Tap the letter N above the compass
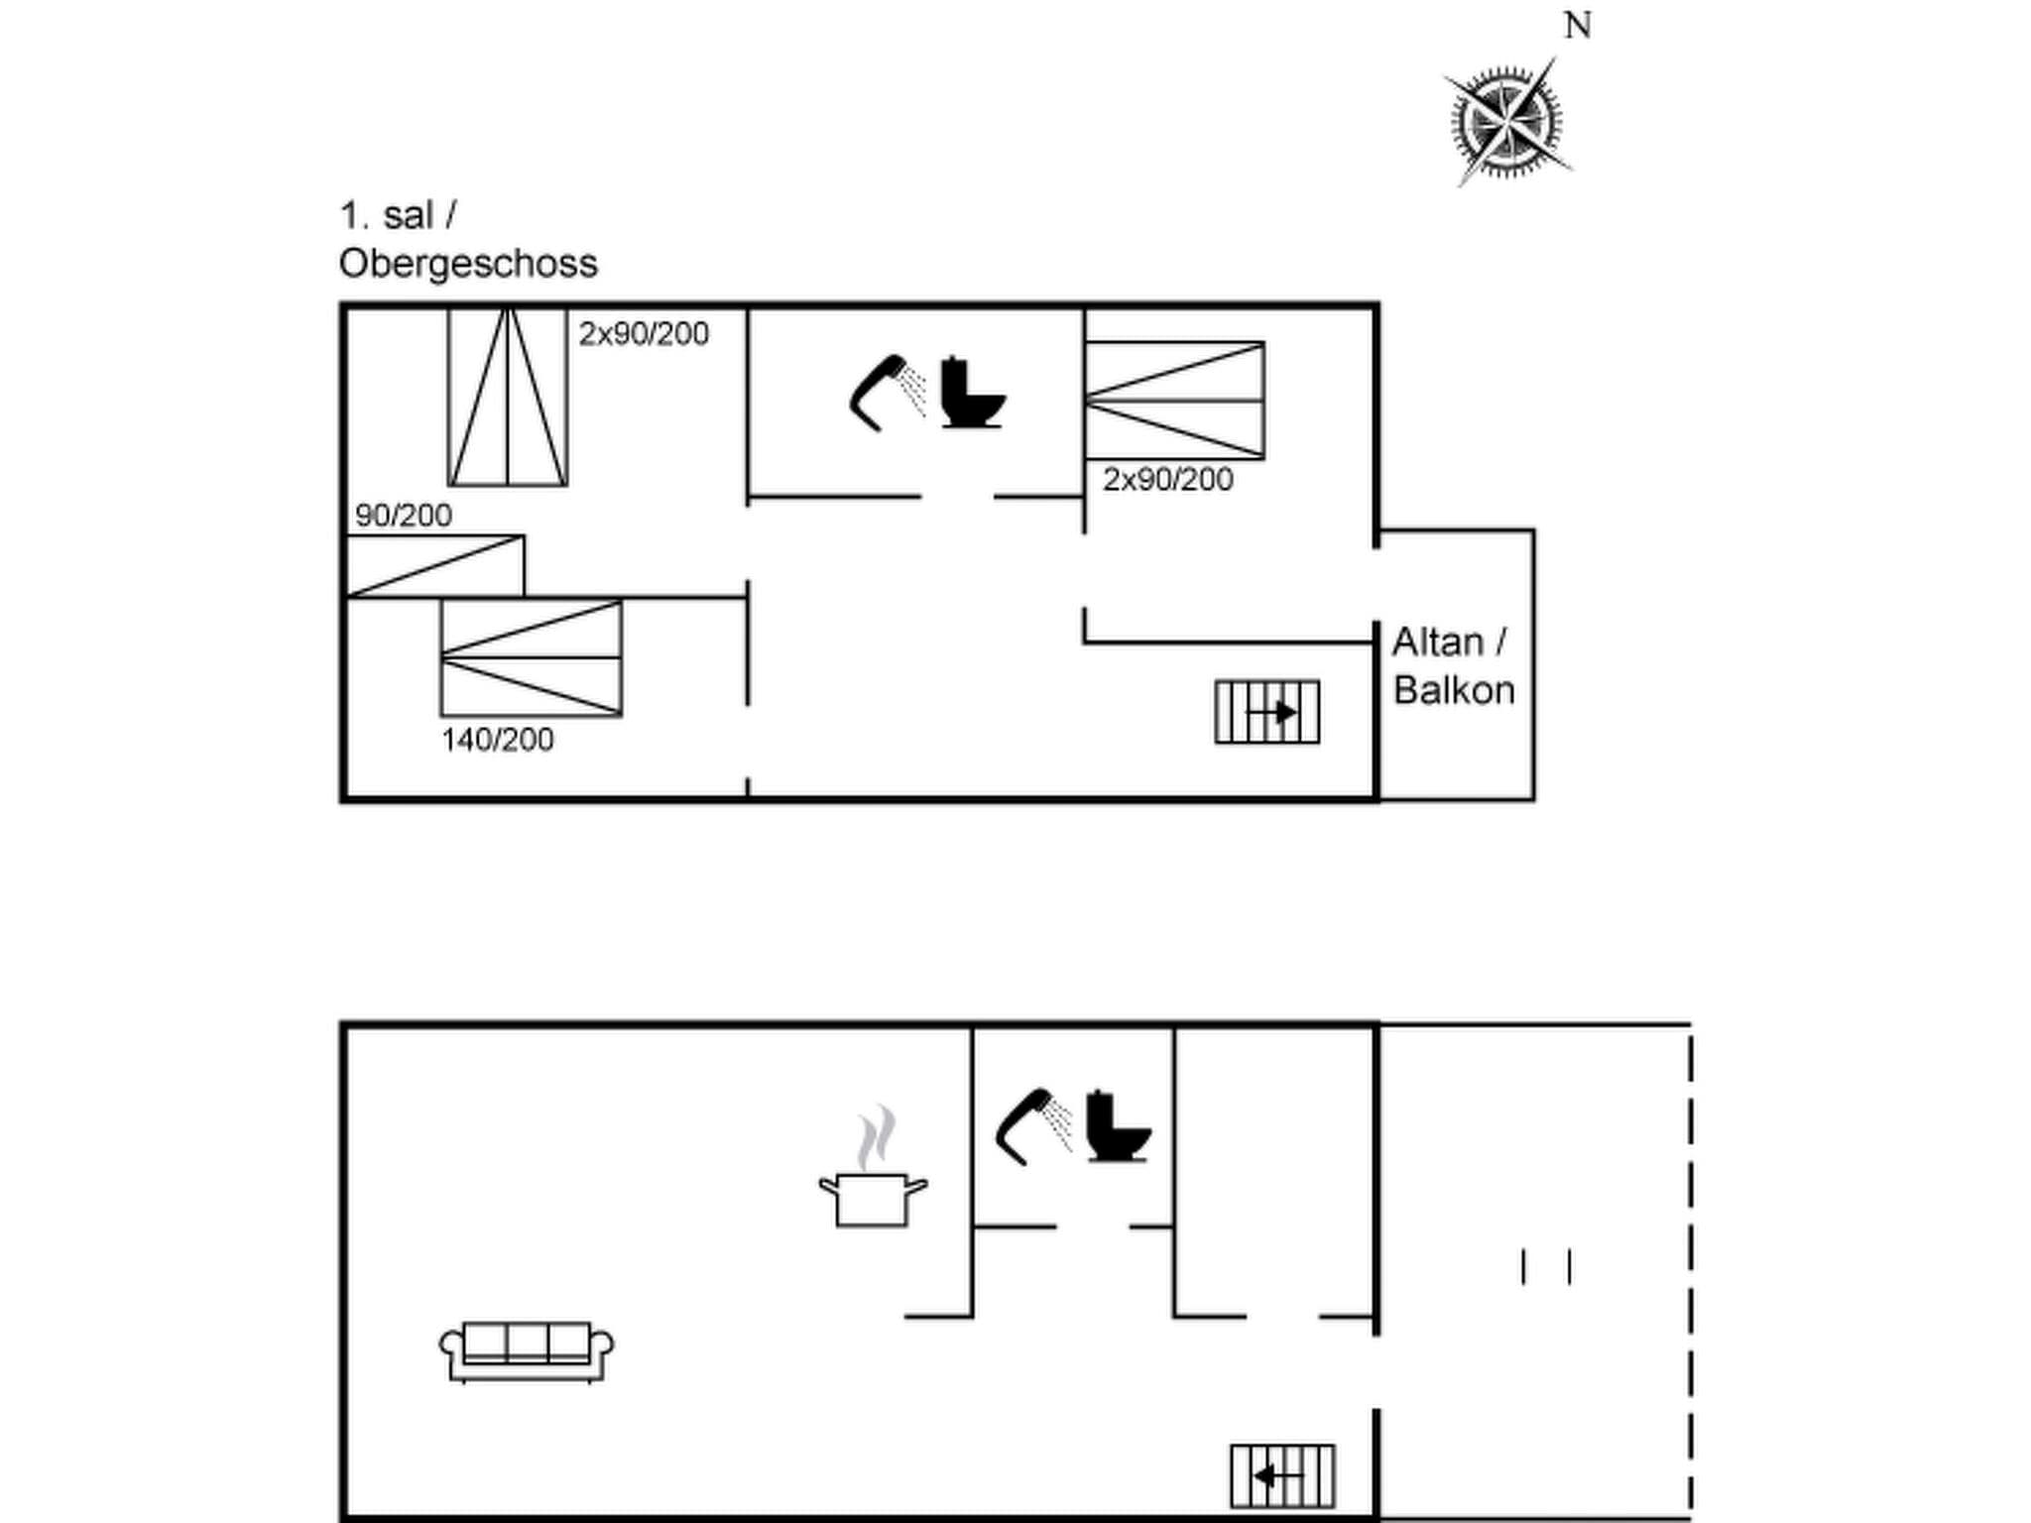tap(1578, 26)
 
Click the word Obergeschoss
tap(468, 264)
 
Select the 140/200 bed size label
tap(497, 740)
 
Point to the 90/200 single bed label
tap(403, 516)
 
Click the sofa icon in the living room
tap(527, 1350)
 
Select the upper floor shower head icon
tap(886, 393)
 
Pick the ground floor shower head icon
tap(1032, 1126)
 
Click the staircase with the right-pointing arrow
tap(1267, 712)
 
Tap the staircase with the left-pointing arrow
tap(1282, 1476)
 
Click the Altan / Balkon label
tap(1453, 666)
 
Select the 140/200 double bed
tap(532, 657)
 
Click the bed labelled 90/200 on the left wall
tap(434, 566)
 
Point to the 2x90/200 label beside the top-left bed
tap(644, 334)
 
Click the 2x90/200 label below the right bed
tap(1167, 480)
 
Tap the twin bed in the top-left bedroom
tap(508, 397)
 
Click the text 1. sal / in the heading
tap(398, 216)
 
